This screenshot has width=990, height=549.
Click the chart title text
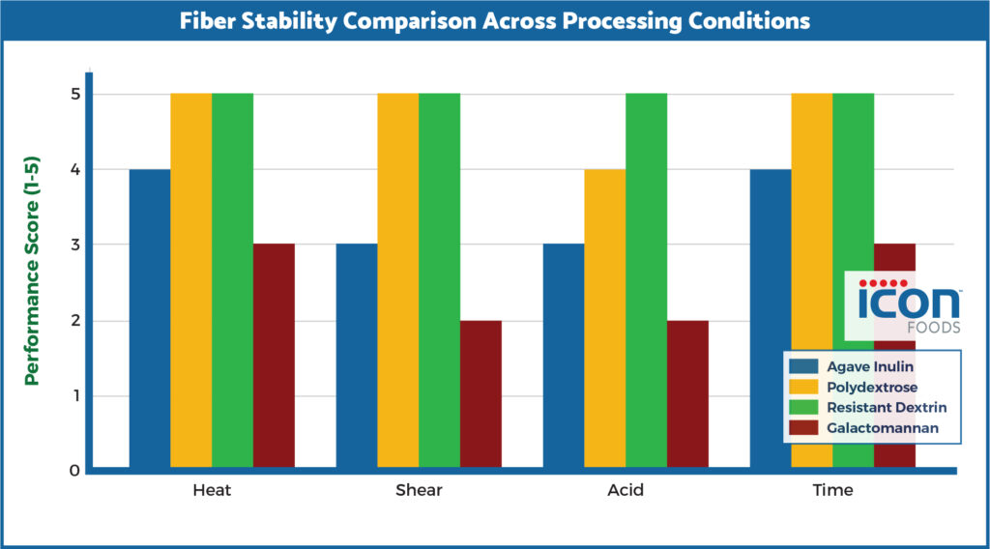pos(494,20)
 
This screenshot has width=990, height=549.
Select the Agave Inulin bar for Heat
pos(150,319)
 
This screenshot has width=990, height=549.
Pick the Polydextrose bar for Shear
pos(398,280)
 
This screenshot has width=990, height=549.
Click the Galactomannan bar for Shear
pos(480,394)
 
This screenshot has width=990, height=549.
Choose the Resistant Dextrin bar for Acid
pos(647,280)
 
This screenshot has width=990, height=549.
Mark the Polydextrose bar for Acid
pos(605,319)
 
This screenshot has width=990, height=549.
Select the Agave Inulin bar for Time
pos(771,319)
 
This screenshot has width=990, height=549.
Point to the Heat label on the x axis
pos(212,490)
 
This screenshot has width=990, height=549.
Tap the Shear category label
pos(419,490)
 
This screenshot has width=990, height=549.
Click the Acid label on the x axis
pos(626,490)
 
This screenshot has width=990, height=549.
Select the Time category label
pos(832,490)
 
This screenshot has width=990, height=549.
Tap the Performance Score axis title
pos(32,280)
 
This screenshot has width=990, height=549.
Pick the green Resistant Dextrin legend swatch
pos(803,407)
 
